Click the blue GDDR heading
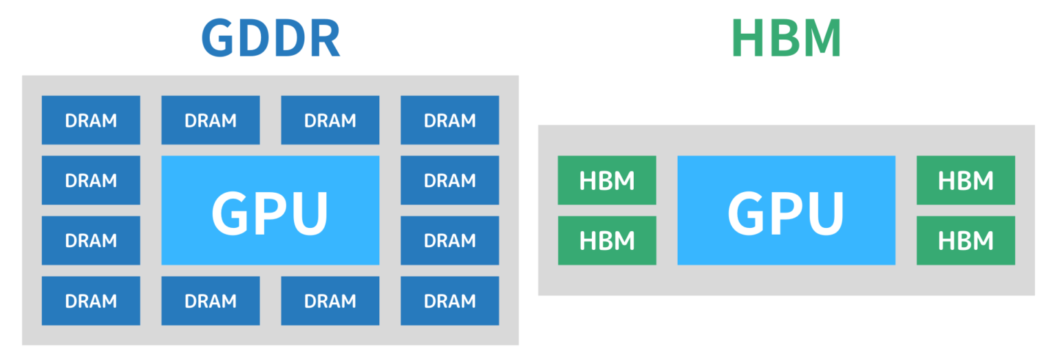270,40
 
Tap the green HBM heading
787,40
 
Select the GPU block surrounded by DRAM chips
270,210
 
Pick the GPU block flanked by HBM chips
786,210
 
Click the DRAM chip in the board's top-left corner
91,120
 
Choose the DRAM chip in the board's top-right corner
449,120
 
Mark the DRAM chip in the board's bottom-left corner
91,301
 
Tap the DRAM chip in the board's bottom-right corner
449,301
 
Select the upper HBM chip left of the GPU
607,180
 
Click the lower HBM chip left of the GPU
607,240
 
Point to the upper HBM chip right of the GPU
965,180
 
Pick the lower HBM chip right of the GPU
965,240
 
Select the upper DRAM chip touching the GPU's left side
91,180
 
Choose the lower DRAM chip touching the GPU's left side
91,240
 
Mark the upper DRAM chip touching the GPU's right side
449,180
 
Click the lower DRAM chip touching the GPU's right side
449,240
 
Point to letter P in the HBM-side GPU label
787,211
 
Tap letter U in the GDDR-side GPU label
308,212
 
